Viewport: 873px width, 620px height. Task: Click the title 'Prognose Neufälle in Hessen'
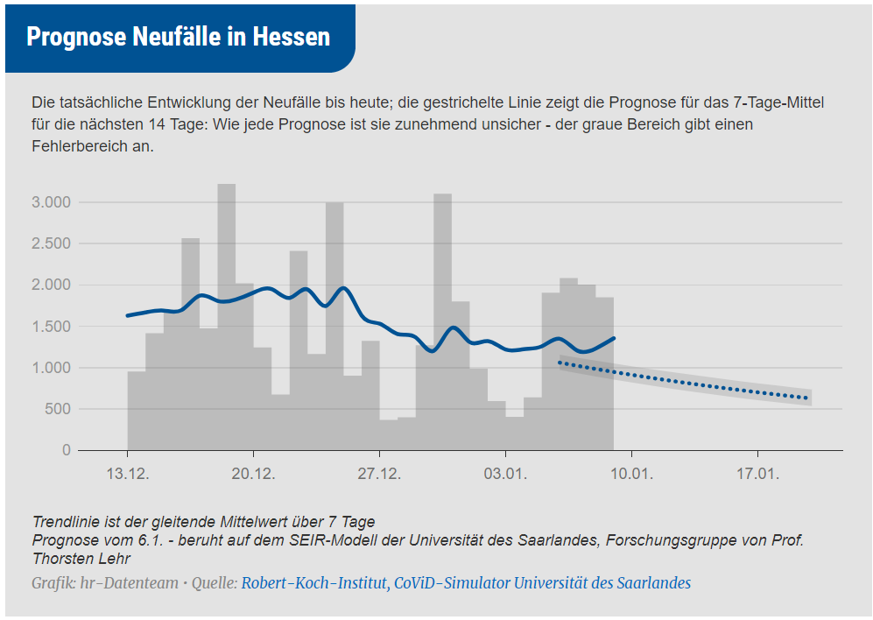click(178, 37)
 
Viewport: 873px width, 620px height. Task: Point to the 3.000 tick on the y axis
click(51, 202)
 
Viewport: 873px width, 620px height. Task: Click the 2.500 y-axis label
click(51, 243)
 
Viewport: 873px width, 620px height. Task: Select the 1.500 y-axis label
click(51, 327)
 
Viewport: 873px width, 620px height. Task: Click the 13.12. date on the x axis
click(127, 475)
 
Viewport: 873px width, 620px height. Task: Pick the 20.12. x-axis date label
click(253, 475)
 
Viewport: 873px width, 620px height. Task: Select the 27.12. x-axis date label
click(379, 475)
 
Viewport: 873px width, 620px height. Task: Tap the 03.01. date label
click(505, 475)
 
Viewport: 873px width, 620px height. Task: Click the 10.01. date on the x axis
click(631, 475)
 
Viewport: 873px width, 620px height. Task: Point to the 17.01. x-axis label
click(757, 475)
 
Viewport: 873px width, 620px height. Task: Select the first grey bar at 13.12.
click(136, 412)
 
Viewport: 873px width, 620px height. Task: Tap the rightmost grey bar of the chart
click(604, 377)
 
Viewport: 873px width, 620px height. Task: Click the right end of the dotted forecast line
click(806, 398)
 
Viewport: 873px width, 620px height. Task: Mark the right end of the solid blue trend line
click(614, 338)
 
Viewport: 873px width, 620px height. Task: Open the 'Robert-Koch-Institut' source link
click(314, 583)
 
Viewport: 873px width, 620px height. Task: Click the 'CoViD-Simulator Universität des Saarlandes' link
click(542, 583)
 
